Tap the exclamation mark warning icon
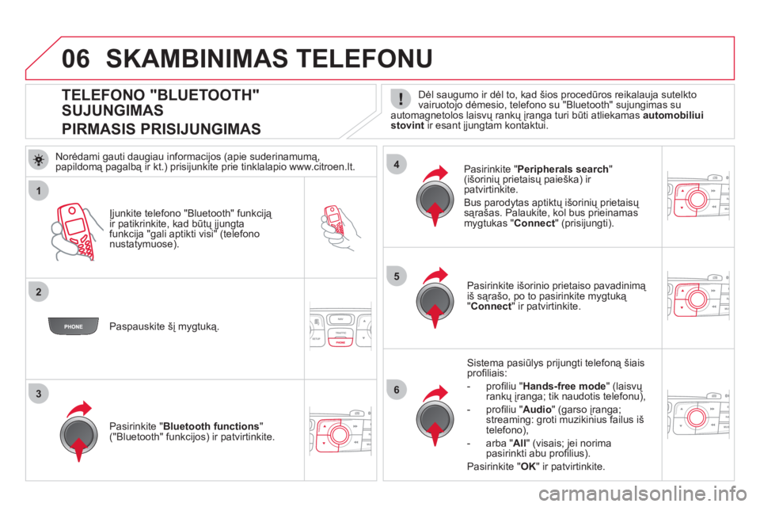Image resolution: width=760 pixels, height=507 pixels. click(401, 98)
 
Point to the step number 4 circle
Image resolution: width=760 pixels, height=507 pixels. click(396, 165)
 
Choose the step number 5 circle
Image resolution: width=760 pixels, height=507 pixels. click(396, 275)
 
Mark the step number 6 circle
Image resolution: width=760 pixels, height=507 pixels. click(396, 388)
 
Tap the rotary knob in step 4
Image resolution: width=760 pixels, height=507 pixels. click(435, 200)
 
